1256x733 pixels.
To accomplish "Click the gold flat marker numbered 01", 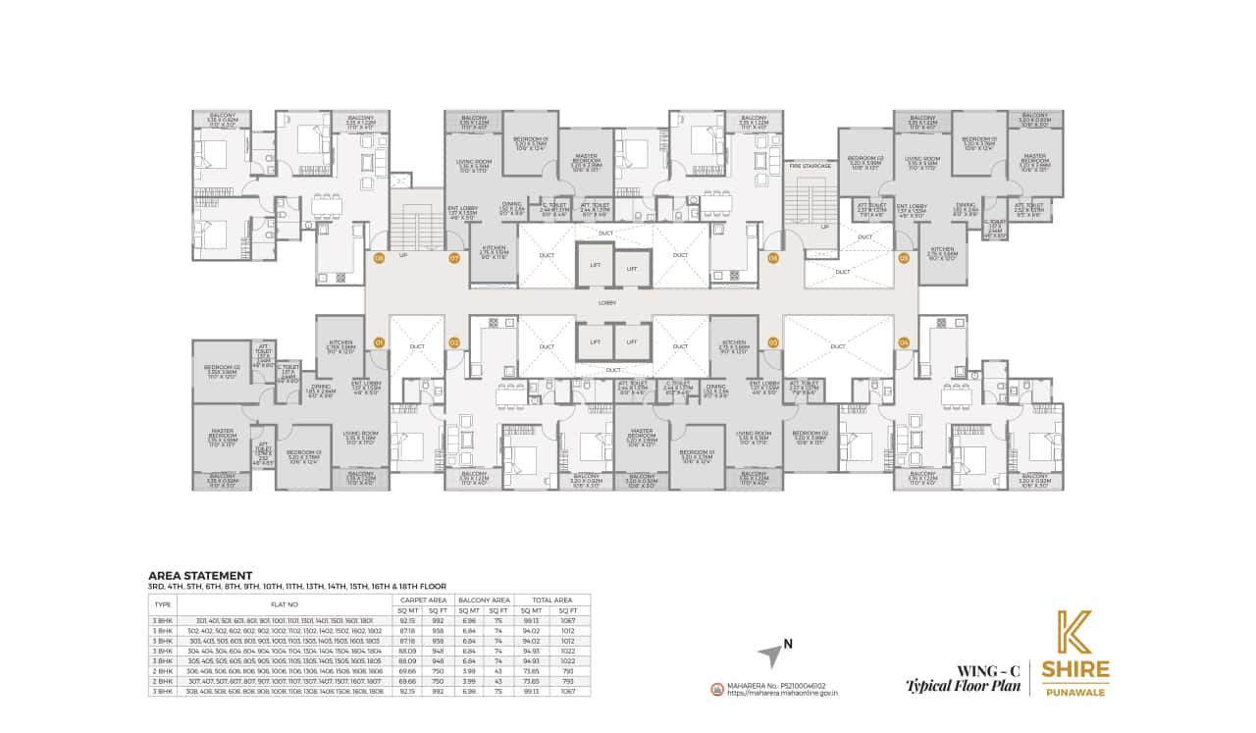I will coord(379,342).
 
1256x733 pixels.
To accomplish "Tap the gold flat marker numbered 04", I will coord(904,342).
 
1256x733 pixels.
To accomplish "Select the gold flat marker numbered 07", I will coord(454,259).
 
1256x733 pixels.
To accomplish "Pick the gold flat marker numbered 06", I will coord(773,259).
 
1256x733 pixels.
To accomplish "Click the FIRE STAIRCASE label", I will coord(811,167).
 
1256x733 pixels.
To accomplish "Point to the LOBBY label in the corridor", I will coord(608,303).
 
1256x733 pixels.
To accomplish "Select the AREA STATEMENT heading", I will coord(199,576).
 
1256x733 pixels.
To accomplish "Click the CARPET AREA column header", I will coord(421,599).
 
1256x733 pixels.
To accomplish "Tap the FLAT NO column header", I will coord(285,604).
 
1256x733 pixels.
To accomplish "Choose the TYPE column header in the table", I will coord(163,604).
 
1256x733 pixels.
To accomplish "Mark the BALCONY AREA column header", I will coord(486,599).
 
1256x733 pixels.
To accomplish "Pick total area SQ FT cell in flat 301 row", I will coord(569,620).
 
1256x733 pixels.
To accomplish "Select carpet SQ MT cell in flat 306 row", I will coord(407,671).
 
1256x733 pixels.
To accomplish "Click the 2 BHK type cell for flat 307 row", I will coord(163,681).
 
